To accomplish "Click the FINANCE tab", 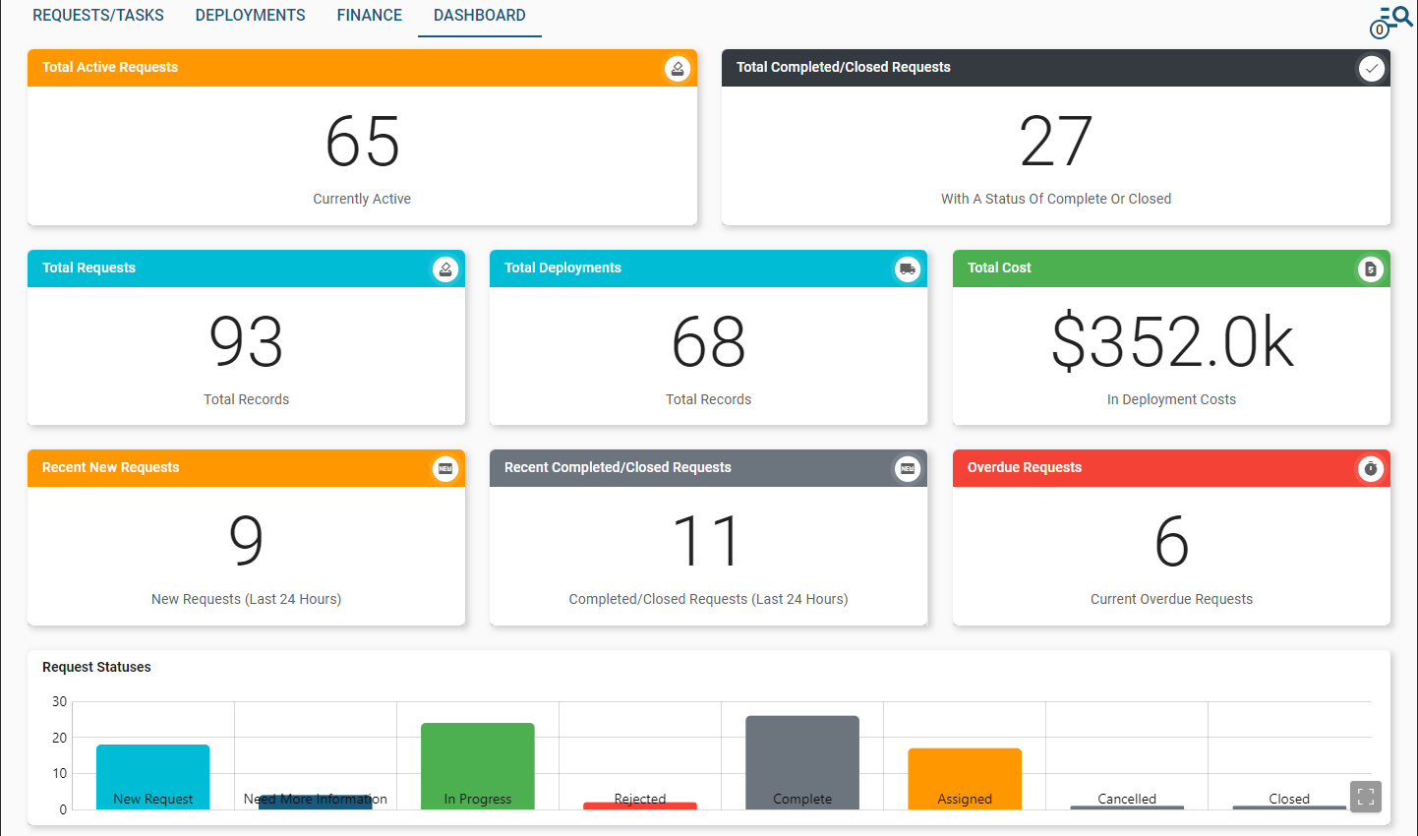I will [369, 16].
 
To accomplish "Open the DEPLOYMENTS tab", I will [250, 16].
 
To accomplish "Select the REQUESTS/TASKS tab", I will [98, 16].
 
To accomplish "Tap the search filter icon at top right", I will [1392, 20].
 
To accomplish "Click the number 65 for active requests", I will [362, 142].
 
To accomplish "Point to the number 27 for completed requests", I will [1055, 142].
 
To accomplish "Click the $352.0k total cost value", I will [1171, 342].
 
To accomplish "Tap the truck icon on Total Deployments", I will [908, 269].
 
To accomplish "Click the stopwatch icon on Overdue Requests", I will [1370, 469].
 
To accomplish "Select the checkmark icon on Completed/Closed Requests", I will [1371, 68].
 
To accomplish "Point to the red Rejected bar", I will [640, 806].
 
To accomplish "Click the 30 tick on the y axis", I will [60, 701].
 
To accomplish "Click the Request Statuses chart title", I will [96, 667].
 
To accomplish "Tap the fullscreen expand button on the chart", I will [1366, 797].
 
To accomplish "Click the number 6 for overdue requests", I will [1171, 542].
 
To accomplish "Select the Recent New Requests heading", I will [110, 467].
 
